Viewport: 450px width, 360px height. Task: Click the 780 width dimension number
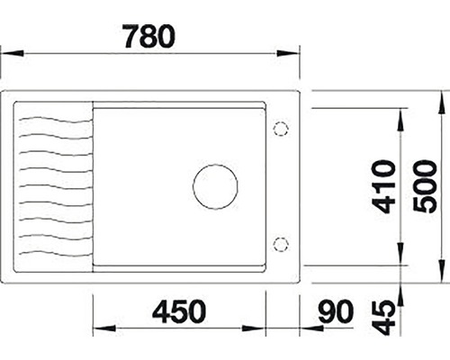(x=149, y=36)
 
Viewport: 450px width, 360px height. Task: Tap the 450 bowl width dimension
(x=179, y=312)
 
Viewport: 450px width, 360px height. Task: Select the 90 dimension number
(x=336, y=312)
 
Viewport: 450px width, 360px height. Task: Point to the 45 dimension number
(x=382, y=318)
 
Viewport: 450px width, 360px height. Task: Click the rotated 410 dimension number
(x=382, y=186)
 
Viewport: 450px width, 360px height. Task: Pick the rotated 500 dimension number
(x=425, y=186)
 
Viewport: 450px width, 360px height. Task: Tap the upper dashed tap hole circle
(x=281, y=130)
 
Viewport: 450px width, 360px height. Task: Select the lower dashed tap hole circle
(x=281, y=244)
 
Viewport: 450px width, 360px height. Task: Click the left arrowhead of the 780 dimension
(x=12, y=53)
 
